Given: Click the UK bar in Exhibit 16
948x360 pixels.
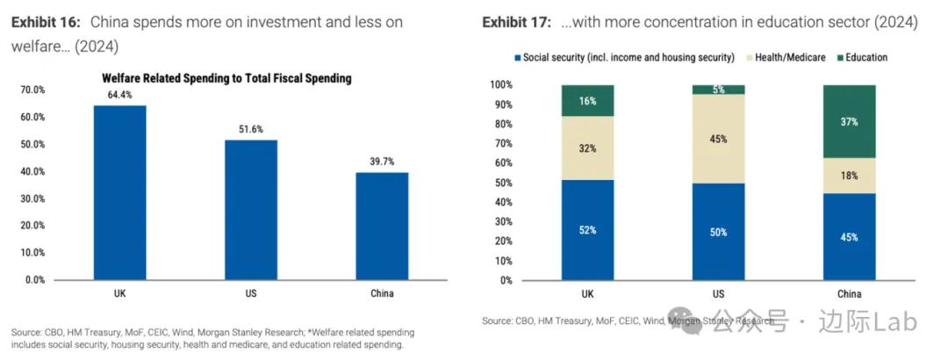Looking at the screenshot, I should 120,192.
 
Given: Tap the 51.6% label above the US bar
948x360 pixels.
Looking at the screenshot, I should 251,129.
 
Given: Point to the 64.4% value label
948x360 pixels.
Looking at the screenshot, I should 120,95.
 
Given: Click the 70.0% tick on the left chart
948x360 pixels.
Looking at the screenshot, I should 32,90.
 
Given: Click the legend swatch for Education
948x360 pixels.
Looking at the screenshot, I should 839,58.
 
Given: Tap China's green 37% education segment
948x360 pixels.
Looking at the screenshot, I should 849,121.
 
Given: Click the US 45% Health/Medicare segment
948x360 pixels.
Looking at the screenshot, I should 718,139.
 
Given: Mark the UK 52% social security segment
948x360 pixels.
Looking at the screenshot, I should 587,230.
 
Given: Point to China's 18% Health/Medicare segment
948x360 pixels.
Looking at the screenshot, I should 849,176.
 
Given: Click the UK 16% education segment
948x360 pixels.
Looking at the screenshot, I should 587,101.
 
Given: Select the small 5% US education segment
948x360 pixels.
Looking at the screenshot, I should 718,90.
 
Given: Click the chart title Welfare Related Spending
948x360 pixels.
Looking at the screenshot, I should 226,78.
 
